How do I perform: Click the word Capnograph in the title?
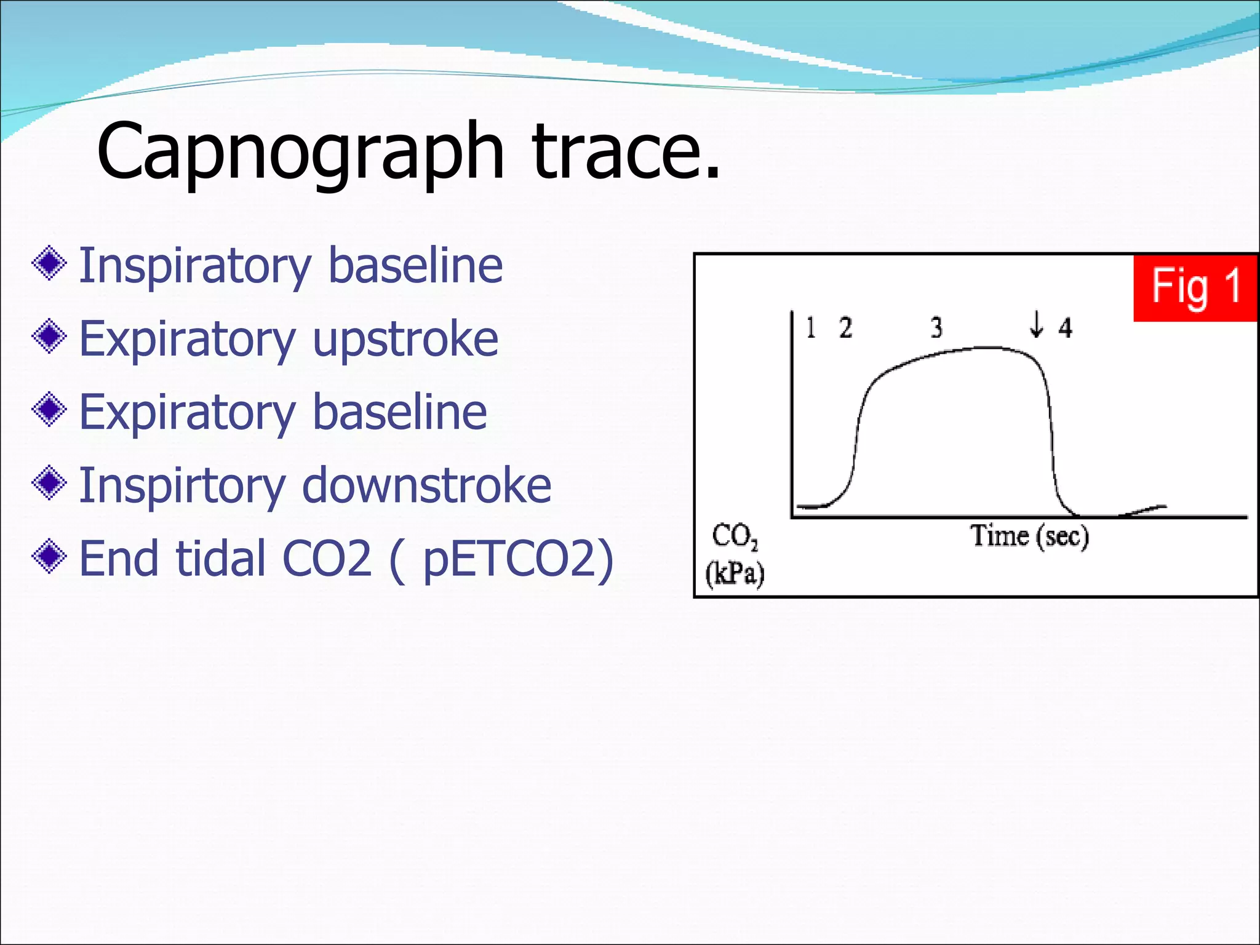(x=300, y=153)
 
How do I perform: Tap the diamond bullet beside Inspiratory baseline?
(x=49, y=264)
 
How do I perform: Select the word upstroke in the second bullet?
(x=405, y=339)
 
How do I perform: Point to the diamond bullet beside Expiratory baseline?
(x=49, y=410)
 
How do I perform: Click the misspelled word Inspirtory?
(x=182, y=486)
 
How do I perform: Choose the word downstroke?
(x=426, y=485)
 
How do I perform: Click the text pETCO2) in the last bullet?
(x=518, y=559)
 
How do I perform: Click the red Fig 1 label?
(x=1195, y=287)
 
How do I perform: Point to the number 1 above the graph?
(x=811, y=327)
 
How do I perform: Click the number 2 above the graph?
(x=846, y=327)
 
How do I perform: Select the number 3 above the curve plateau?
(x=936, y=327)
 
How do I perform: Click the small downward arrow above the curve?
(x=1037, y=324)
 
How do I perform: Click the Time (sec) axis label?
(x=1029, y=535)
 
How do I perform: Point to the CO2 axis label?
(x=735, y=536)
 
